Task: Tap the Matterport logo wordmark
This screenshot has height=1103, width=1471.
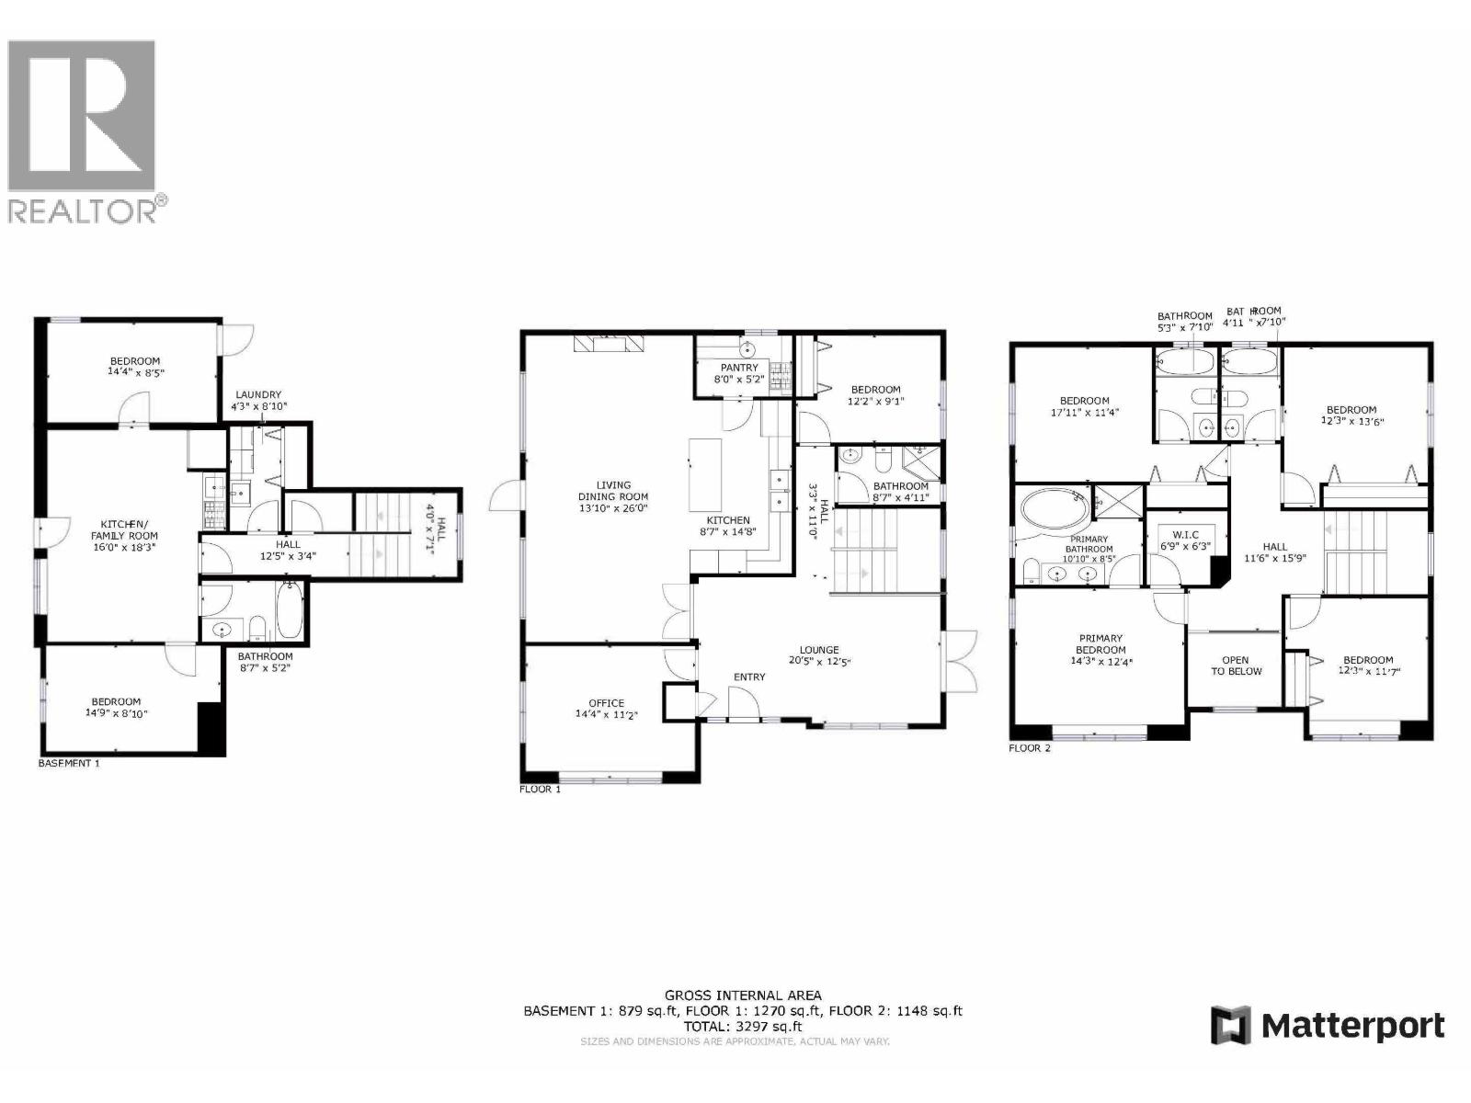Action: point(1351,1026)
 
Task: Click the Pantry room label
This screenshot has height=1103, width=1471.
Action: point(739,368)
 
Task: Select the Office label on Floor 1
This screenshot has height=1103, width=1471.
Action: point(606,703)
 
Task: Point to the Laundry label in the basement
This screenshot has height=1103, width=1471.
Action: point(257,395)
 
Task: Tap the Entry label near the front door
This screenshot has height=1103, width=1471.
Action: point(749,677)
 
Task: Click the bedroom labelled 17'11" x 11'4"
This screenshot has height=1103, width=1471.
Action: point(1084,406)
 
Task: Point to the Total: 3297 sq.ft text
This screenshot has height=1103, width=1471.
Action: point(743,1027)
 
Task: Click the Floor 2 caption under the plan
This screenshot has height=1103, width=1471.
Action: point(1030,748)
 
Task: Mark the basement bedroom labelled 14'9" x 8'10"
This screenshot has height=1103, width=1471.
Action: point(116,707)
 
